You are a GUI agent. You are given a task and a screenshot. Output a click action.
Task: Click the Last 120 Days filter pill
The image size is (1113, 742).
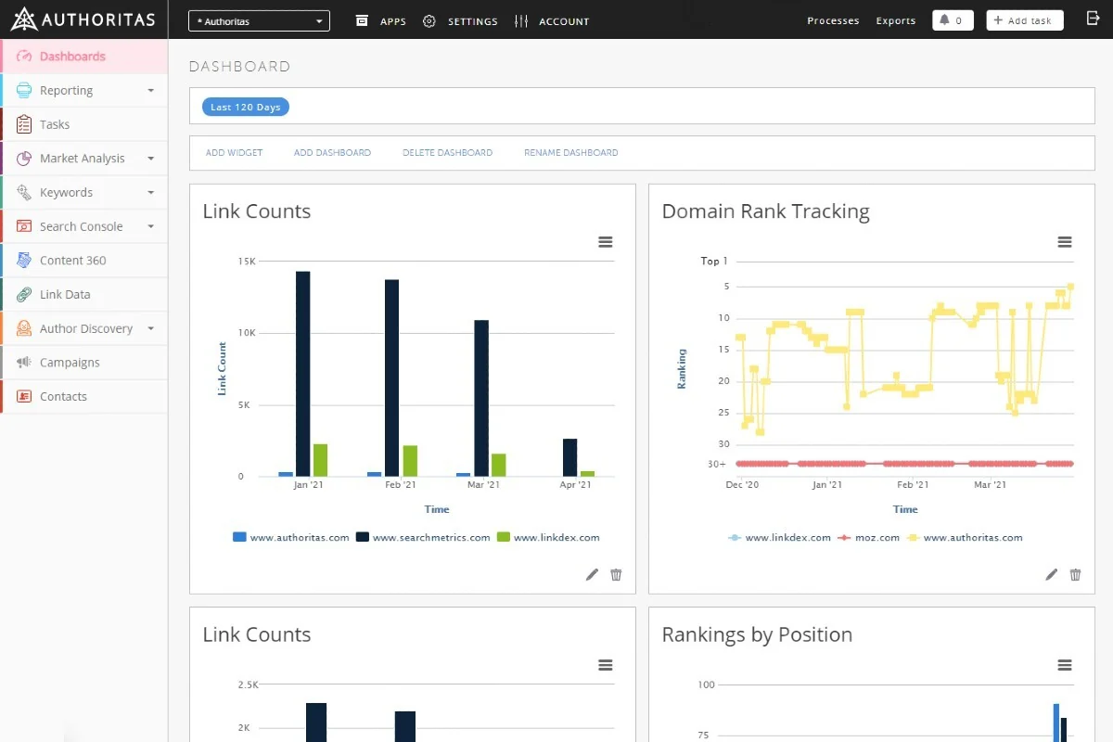click(x=246, y=107)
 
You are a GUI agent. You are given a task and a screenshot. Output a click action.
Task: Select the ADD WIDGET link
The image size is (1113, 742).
click(x=234, y=153)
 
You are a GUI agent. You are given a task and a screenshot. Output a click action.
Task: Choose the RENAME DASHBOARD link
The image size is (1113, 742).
click(x=571, y=153)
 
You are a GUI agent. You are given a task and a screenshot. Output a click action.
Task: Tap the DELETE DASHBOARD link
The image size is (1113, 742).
click(x=447, y=153)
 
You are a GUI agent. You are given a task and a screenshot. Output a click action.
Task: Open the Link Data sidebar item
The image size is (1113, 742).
click(x=65, y=295)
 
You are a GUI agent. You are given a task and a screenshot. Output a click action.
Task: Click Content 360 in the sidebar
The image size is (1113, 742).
click(x=72, y=261)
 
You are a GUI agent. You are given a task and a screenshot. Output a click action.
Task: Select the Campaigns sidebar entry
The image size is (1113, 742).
click(x=70, y=363)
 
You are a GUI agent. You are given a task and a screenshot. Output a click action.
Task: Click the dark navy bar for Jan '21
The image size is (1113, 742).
click(x=302, y=374)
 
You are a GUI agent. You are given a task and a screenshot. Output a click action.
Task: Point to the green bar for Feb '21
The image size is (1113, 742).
click(x=410, y=461)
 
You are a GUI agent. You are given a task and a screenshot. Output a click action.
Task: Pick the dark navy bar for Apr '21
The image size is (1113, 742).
click(x=569, y=458)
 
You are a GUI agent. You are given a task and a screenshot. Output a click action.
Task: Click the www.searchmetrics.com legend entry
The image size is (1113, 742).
click(x=423, y=537)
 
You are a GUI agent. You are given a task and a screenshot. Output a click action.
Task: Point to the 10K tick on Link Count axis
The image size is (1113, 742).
click(x=247, y=332)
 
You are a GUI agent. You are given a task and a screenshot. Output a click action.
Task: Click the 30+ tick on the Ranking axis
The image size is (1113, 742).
click(x=716, y=464)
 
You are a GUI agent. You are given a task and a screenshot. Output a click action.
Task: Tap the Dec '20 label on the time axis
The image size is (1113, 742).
click(x=742, y=484)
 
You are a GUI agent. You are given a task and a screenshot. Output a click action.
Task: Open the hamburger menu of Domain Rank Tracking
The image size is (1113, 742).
click(x=1065, y=242)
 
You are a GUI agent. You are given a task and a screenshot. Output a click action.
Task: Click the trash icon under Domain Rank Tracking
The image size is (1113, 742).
click(x=1075, y=574)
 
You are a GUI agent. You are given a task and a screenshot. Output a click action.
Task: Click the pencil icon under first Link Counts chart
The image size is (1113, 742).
click(x=592, y=574)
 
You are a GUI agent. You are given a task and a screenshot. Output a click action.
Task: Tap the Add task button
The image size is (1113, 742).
click(x=1025, y=20)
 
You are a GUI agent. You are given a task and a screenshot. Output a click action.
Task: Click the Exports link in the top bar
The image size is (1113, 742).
click(x=895, y=20)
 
